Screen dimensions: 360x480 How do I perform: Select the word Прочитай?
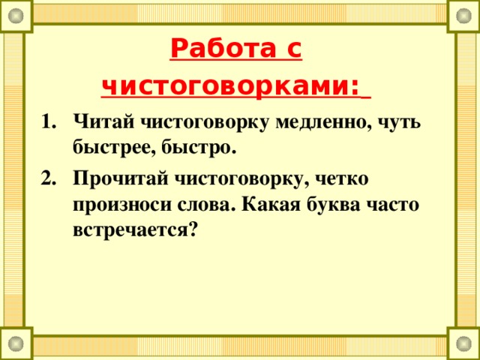119,178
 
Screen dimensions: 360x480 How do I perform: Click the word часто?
396,204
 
